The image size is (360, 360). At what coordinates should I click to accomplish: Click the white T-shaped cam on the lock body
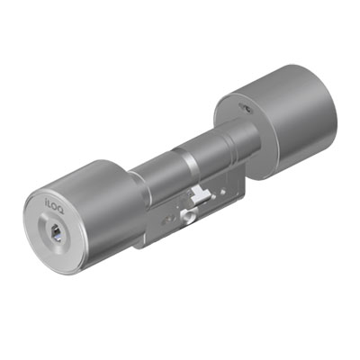click(199, 194)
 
